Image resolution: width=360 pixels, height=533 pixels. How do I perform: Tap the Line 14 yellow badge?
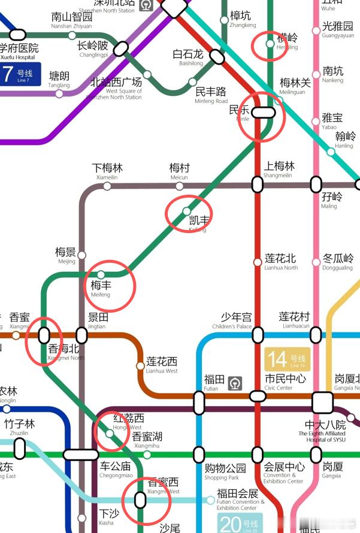[x=286, y=359]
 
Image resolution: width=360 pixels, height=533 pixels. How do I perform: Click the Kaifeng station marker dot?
[x=186, y=211]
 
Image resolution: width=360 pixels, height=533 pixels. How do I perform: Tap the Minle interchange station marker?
[x=263, y=112]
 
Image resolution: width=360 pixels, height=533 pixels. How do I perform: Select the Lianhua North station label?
[x=281, y=262]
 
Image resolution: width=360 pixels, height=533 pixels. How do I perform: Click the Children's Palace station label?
[x=236, y=320]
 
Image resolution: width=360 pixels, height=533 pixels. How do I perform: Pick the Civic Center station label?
[x=285, y=382]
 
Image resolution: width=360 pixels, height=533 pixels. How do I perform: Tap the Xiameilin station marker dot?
[x=107, y=186]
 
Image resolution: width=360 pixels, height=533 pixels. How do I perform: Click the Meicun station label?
[x=179, y=171]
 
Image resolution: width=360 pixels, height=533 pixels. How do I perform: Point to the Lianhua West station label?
[x=162, y=365]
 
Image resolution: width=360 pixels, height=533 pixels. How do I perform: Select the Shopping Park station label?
[x=225, y=471]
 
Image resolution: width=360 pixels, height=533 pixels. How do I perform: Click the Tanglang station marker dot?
[x=59, y=93]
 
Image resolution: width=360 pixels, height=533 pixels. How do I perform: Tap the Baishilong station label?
[x=187, y=57]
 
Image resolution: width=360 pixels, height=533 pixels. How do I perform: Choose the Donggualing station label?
[x=338, y=262]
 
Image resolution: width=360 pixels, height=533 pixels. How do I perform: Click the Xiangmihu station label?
[x=147, y=440]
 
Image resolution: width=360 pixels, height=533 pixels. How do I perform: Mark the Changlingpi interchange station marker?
[x=122, y=47]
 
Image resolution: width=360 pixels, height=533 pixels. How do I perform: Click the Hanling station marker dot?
[x=331, y=152]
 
